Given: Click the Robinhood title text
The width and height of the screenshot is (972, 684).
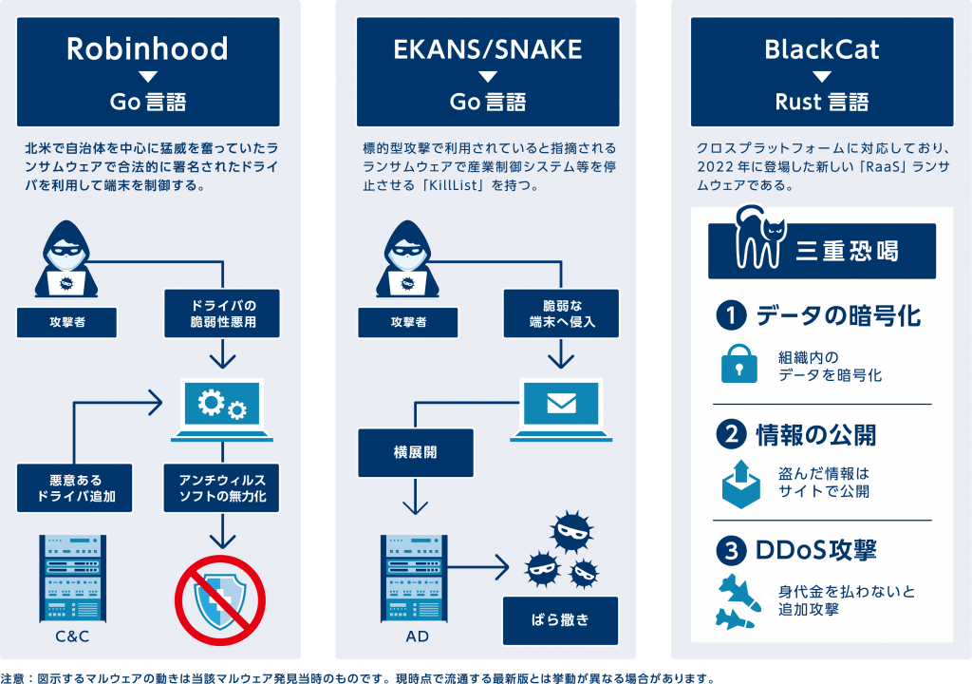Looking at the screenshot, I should pos(147,49).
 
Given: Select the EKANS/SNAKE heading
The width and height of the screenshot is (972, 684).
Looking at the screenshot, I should pos(487,49).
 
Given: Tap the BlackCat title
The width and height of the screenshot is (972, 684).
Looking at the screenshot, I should pos(822,49).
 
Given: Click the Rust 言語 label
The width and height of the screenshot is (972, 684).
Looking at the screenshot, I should pos(822,101).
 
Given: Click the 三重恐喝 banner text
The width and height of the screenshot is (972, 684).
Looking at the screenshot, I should pos(848,252).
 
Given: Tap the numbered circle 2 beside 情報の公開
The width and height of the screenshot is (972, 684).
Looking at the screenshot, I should pos(732,434).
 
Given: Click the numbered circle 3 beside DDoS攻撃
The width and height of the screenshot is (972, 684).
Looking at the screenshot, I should pos(732,550).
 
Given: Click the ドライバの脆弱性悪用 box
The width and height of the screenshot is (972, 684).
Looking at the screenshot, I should pos(222,313).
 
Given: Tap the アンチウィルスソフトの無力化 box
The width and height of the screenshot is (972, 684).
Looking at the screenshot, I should pos(222,487).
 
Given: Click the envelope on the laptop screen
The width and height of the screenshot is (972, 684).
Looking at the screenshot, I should pos(561,404).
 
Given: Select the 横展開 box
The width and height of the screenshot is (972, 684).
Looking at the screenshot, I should pos(415,452).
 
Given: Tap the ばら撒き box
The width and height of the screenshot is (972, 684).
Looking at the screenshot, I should pos(561,620).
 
